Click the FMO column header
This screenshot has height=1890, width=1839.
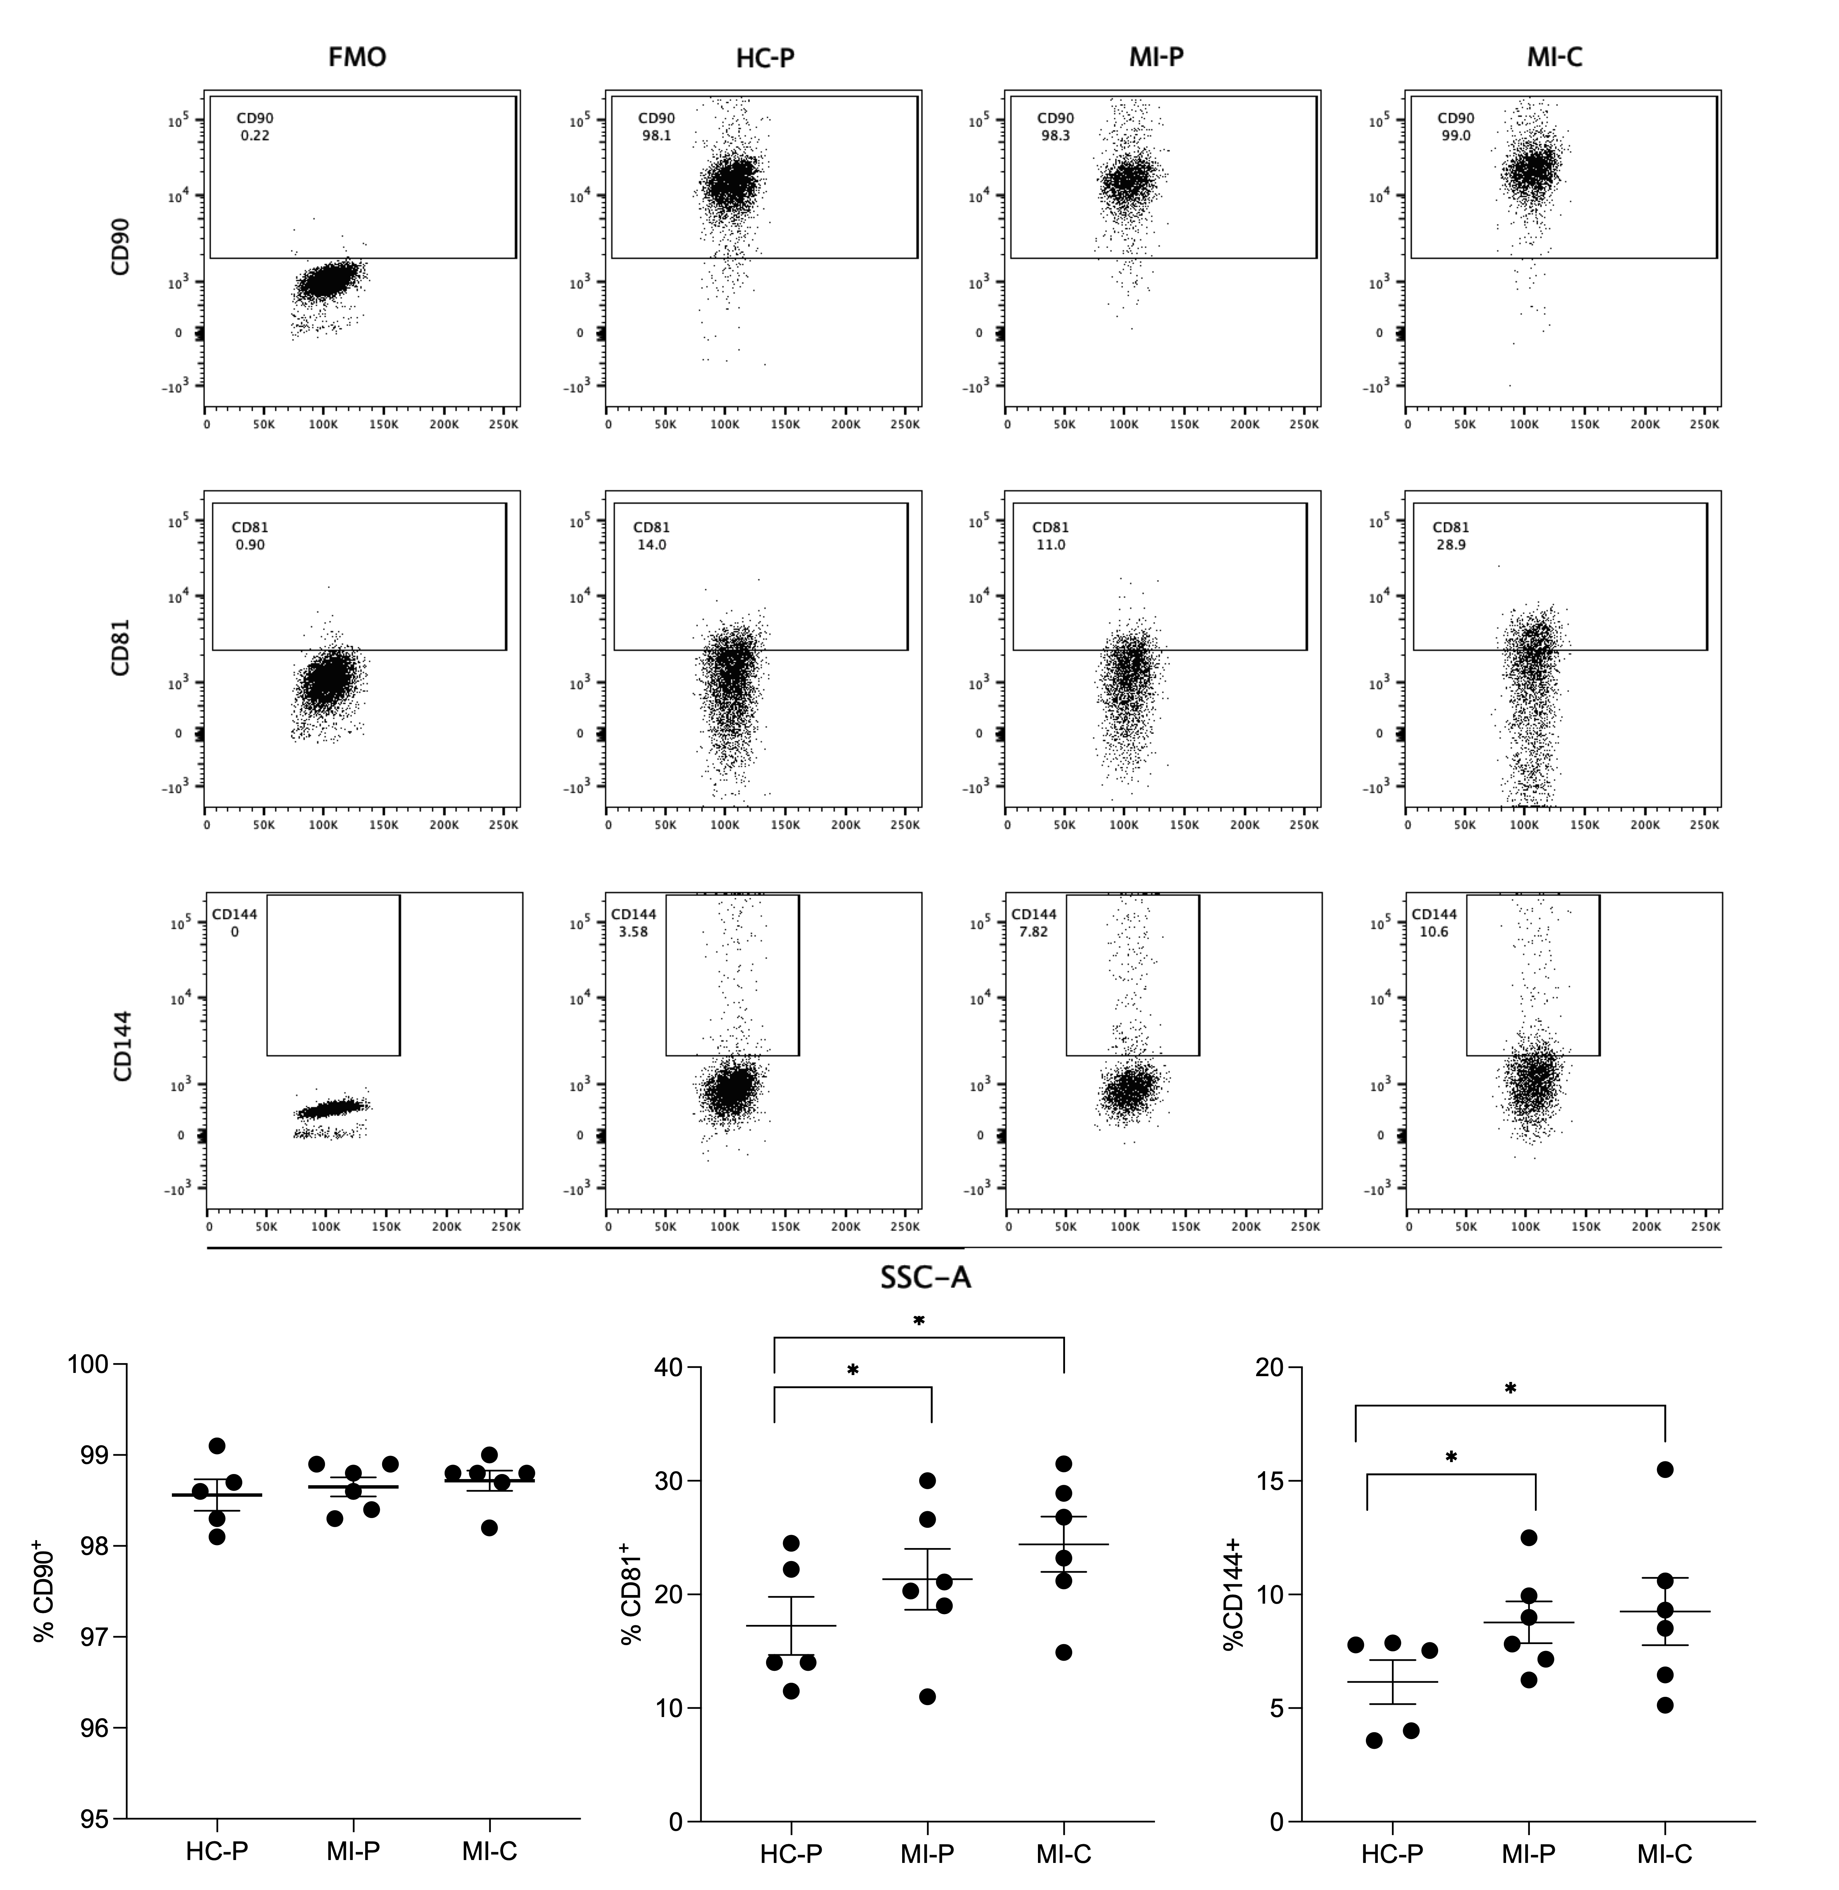[x=358, y=58]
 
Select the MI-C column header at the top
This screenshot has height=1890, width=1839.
[x=1554, y=58]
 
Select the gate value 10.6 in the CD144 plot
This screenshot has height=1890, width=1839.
[x=1433, y=932]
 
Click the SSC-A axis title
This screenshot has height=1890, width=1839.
[x=925, y=1278]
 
